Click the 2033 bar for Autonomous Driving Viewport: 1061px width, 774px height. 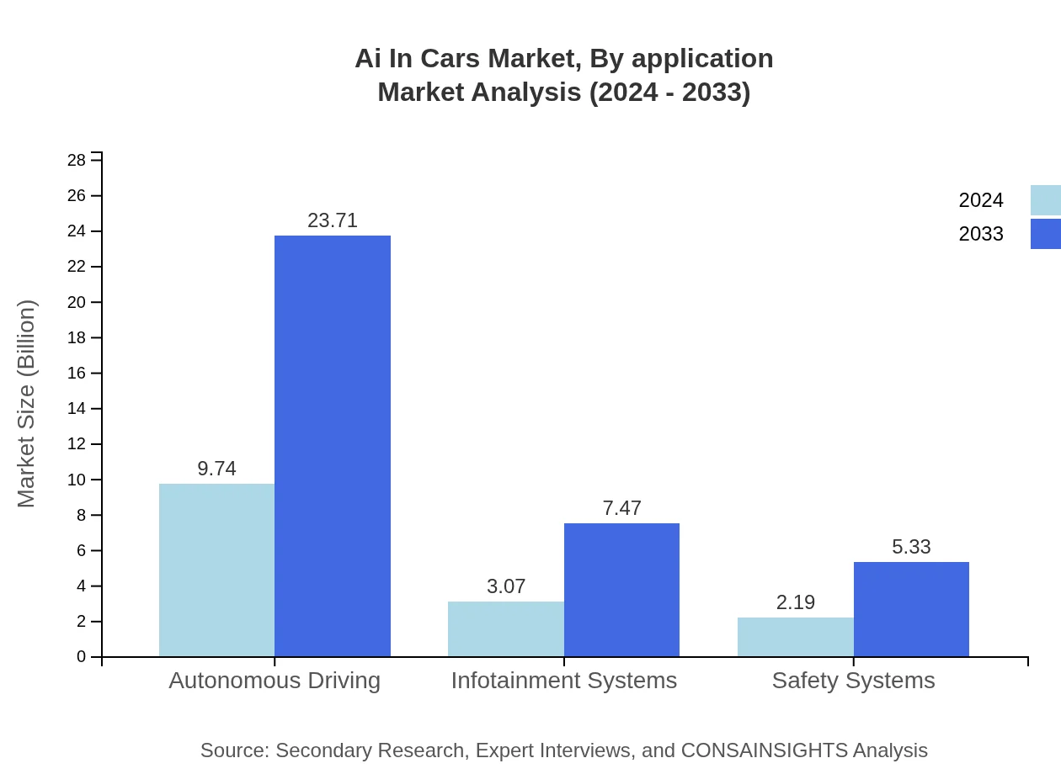pos(333,446)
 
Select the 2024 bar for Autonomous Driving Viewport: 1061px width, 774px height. pos(216,570)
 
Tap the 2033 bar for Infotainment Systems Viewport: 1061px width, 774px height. pos(621,590)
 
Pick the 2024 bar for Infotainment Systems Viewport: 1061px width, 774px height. pos(505,628)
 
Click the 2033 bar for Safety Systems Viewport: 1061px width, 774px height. pos(911,609)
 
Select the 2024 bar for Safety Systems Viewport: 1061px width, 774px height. pos(795,637)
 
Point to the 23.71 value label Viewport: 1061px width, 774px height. pos(333,220)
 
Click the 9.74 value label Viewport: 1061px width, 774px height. pos(216,469)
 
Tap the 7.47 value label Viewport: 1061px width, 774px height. pos(621,508)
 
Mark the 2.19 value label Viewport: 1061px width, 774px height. pos(795,602)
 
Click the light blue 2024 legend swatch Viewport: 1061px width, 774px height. pos(1045,200)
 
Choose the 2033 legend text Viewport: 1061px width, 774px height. pos(981,234)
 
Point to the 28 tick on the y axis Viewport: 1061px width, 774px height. pos(77,160)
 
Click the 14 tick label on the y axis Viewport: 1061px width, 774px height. pos(77,409)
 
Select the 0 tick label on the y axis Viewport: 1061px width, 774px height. pos(82,657)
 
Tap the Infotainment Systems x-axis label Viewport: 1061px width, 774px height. pos(563,681)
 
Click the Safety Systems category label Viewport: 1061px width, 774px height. pos(853,681)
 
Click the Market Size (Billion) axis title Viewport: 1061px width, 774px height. pos(26,404)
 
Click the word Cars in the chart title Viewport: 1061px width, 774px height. pos(451,59)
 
